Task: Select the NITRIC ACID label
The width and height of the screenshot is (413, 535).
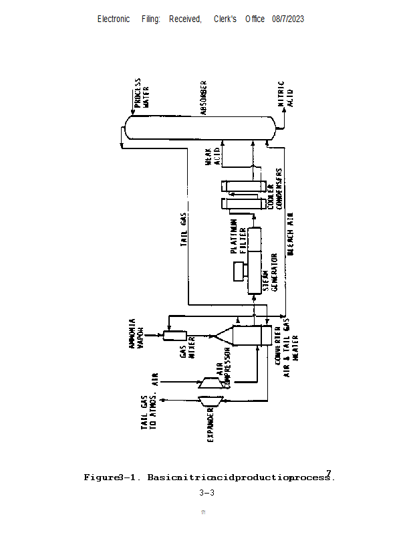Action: pyautogui.click(x=285, y=94)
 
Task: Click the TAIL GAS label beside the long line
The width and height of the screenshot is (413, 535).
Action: pyautogui.click(x=183, y=230)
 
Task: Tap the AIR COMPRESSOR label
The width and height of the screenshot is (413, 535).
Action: pyautogui.click(x=223, y=375)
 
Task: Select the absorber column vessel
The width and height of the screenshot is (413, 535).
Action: pyautogui.click(x=201, y=126)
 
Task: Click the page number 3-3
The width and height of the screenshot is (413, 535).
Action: pyautogui.click(x=206, y=493)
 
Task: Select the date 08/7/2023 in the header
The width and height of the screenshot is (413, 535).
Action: pyautogui.click(x=288, y=19)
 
